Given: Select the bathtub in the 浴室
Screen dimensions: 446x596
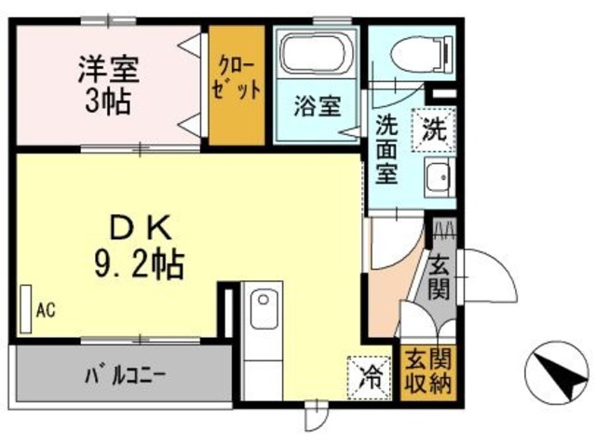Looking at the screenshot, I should pos(316,54).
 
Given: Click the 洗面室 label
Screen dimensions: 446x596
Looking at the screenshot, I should pos(387,149).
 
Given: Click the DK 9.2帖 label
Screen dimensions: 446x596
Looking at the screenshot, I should pos(139,247).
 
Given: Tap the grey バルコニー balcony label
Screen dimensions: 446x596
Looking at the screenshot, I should pos(126,376).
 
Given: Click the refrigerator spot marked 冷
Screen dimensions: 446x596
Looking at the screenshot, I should pos(370,376).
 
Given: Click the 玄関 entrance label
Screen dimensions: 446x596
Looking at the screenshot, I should pos(440,276).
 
